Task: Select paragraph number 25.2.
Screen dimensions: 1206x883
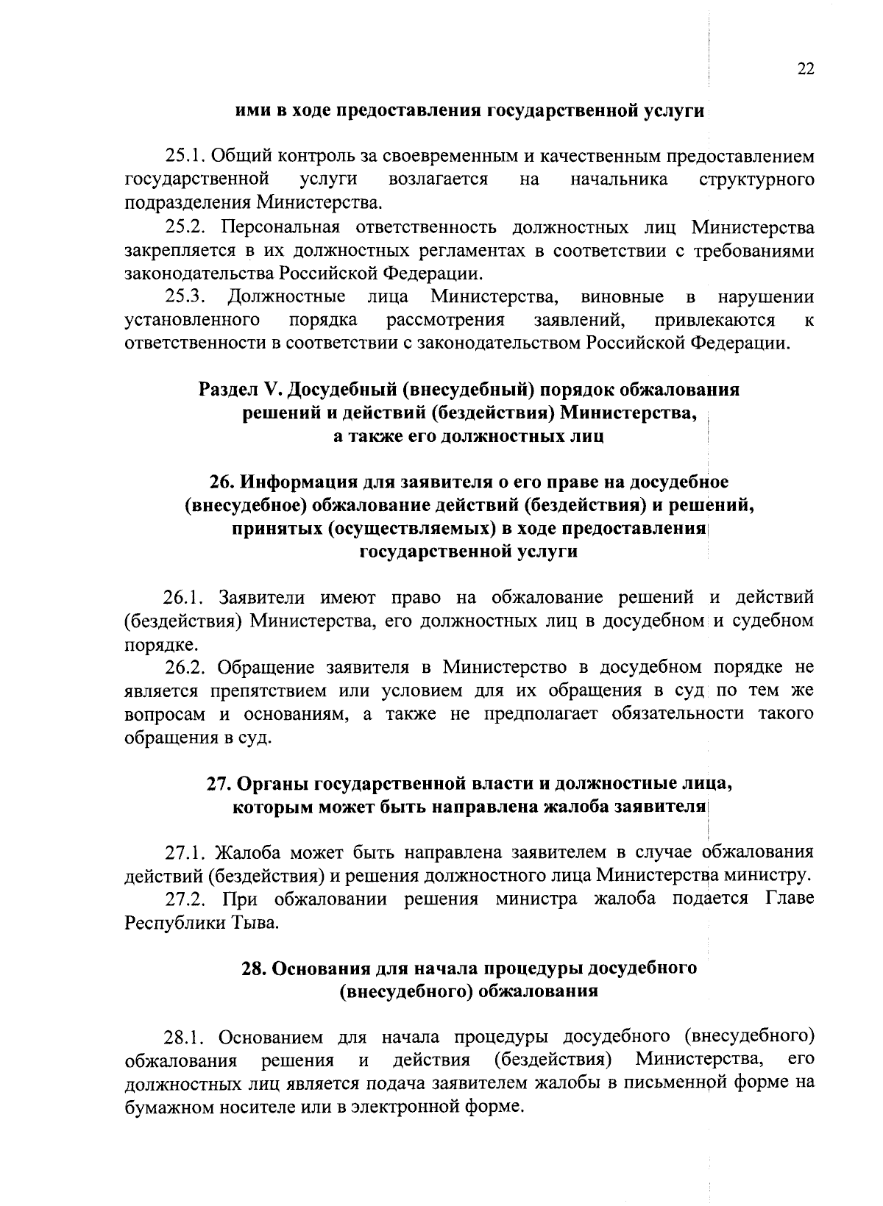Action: [x=184, y=227]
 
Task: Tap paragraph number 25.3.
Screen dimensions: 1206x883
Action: [x=184, y=297]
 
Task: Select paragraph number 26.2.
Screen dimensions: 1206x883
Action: [x=184, y=668]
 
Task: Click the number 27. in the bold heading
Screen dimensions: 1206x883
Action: [x=219, y=784]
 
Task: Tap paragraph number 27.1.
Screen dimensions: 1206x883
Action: [x=184, y=853]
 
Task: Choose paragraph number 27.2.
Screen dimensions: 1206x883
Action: [x=184, y=899]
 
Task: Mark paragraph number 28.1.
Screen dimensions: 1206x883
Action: [x=184, y=1038]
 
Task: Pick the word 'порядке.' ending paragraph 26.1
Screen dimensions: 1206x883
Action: [x=152, y=645]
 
